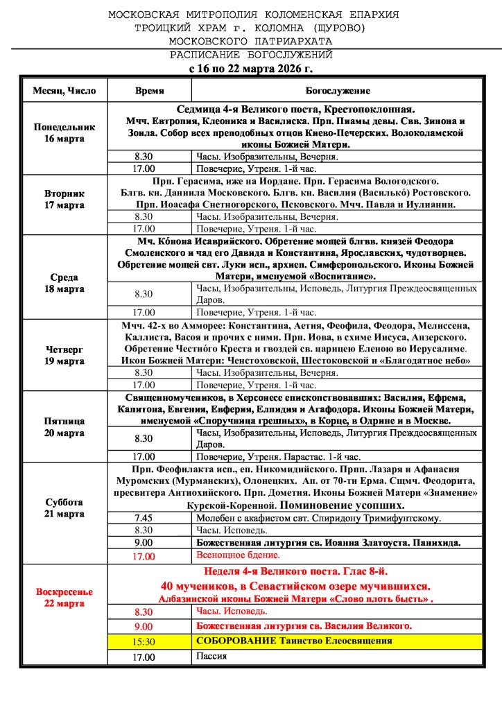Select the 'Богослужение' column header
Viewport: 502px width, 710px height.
click(x=338, y=91)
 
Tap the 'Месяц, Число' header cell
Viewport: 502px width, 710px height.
click(x=64, y=91)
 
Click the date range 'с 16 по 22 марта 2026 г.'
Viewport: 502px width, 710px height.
click(x=251, y=69)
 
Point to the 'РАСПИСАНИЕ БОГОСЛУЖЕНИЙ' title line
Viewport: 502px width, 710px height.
click(x=252, y=55)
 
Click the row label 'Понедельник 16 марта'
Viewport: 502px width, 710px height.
click(x=64, y=133)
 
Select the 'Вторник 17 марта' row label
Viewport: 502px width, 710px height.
click(x=64, y=200)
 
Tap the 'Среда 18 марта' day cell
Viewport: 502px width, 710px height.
click(x=64, y=283)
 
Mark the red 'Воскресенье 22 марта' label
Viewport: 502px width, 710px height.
click(x=64, y=598)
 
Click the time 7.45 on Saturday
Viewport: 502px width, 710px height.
click(x=144, y=518)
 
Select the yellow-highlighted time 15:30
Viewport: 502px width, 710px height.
click(x=144, y=641)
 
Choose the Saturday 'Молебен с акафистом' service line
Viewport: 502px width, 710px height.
click(x=319, y=518)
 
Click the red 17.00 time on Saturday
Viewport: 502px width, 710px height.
click(x=144, y=556)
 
